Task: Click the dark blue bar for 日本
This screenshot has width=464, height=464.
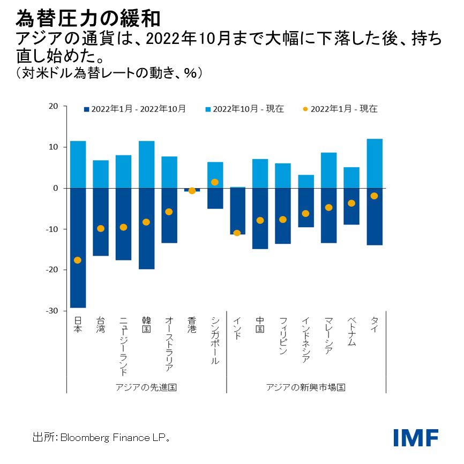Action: pyautogui.click(x=78, y=248)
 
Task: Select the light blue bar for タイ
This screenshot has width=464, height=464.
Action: pyautogui.click(x=375, y=163)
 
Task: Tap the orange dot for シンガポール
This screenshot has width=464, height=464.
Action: pyautogui.click(x=215, y=182)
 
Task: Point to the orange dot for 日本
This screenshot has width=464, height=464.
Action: pyautogui.click(x=78, y=260)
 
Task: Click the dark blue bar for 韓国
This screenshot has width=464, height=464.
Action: pyautogui.click(x=146, y=228)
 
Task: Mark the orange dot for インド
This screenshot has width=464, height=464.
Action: pyautogui.click(x=237, y=233)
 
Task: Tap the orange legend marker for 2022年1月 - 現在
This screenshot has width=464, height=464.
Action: pyautogui.click(x=305, y=109)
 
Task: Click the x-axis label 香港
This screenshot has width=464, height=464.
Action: pyautogui.click(x=192, y=326)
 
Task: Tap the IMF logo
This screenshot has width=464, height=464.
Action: pyautogui.click(x=416, y=437)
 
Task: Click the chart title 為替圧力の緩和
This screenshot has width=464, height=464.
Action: pyautogui.click(x=88, y=19)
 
